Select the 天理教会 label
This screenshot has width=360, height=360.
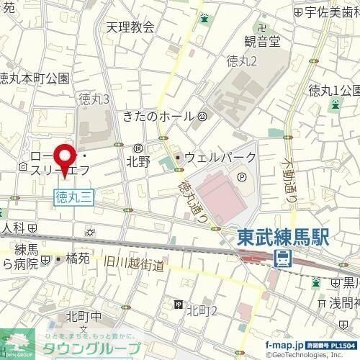(130, 27)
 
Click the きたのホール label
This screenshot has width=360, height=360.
(158, 116)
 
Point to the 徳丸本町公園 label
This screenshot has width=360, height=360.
(35, 78)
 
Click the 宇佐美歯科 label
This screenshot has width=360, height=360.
(332, 12)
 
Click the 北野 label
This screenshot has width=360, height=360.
(138, 161)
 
